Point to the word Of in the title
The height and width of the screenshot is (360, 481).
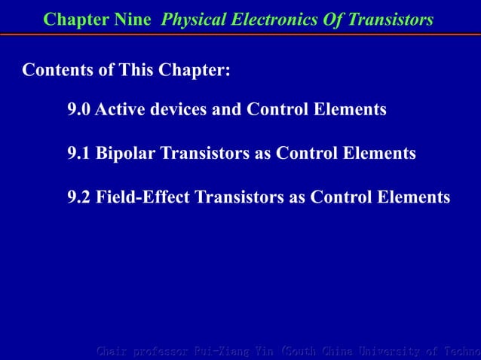325,20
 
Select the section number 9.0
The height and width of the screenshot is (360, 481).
79,110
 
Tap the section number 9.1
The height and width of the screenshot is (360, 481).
79,154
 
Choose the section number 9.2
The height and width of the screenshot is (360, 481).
79,197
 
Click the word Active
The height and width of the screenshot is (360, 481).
121,110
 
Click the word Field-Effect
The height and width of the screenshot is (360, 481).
143,197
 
